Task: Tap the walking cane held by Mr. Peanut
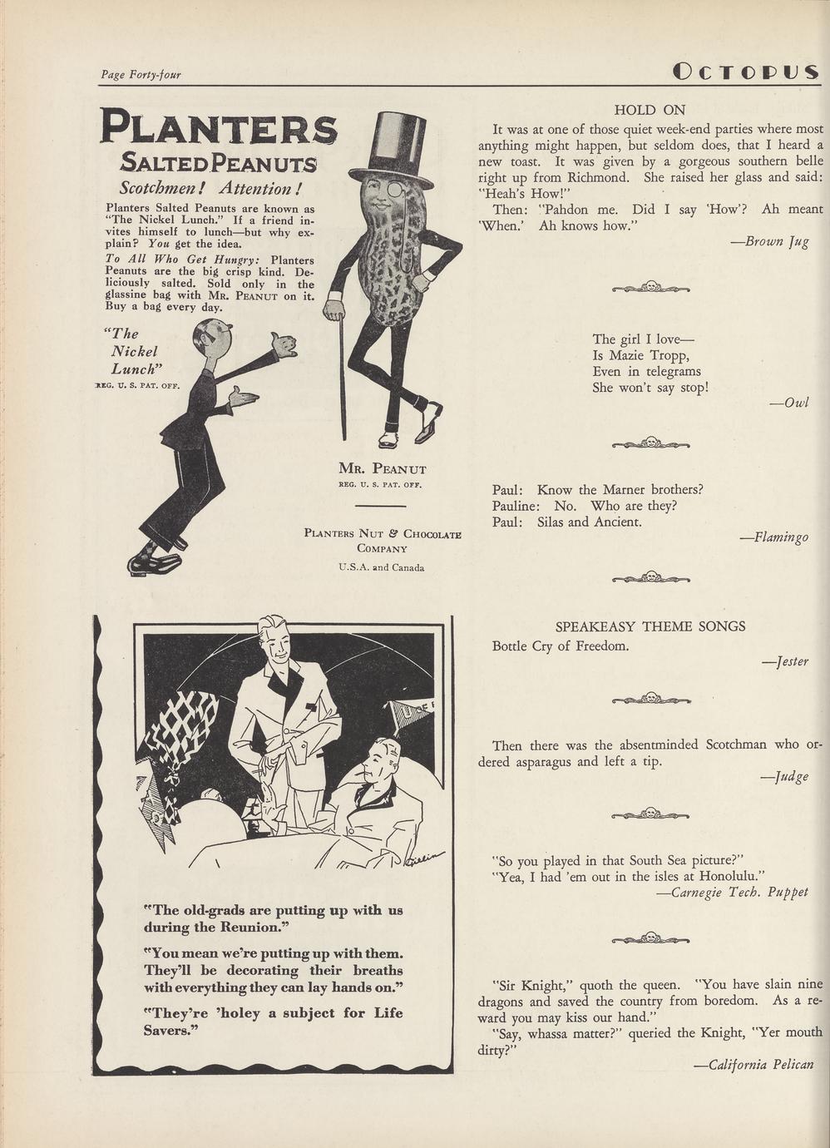click(x=341, y=374)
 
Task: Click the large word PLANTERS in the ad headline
click(x=219, y=127)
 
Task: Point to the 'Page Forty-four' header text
click(x=141, y=75)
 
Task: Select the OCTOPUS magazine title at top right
click(x=746, y=72)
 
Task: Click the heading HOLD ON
click(x=650, y=110)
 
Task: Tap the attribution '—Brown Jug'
click(x=769, y=241)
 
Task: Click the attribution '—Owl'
click(x=789, y=403)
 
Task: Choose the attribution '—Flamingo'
click(x=774, y=537)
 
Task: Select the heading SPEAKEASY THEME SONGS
click(x=650, y=626)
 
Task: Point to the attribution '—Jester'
click(x=785, y=661)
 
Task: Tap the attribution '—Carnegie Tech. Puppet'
click(x=732, y=892)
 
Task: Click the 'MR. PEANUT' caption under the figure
click(x=383, y=468)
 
